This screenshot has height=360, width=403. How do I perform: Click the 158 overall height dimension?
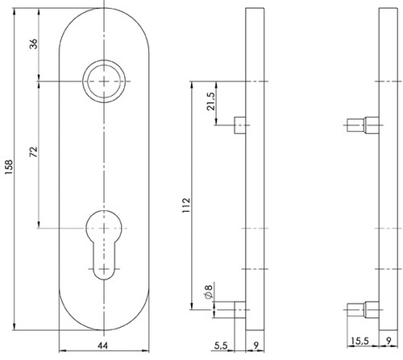pyautogui.click(x=9, y=167)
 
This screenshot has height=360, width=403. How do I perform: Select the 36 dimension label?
pyautogui.click(x=34, y=43)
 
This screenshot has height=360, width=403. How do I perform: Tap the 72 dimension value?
pyautogui.click(x=34, y=152)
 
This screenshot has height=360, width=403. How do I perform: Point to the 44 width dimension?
pyautogui.click(x=102, y=346)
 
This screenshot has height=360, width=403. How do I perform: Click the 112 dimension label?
pyautogui.click(x=186, y=205)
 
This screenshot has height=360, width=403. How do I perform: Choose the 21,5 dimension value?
pyautogui.click(x=210, y=101)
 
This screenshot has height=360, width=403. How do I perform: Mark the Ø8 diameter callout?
pyautogui.click(x=209, y=292)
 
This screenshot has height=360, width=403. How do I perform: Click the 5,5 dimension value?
pyautogui.click(x=221, y=346)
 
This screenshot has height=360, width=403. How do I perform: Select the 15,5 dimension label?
pyautogui.click(x=360, y=341)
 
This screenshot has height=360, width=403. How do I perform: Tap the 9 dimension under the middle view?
pyautogui.click(x=256, y=346)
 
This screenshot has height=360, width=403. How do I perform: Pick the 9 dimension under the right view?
pyautogui.click(x=388, y=341)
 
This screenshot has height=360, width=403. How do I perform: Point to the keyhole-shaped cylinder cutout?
pyautogui.click(x=104, y=245)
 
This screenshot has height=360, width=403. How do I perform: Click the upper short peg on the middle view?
pyautogui.click(x=240, y=125)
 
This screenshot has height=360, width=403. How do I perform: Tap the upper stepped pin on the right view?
pyautogui.click(x=363, y=125)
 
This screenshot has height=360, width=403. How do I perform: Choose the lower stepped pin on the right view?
pyautogui.click(x=363, y=310)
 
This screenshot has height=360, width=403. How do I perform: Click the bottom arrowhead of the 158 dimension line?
pyautogui.click(x=15, y=326)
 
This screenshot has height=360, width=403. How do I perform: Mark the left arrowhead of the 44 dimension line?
pyautogui.click(x=63, y=350)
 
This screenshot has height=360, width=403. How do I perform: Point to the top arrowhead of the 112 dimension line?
pyautogui.click(x=192, y=85)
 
